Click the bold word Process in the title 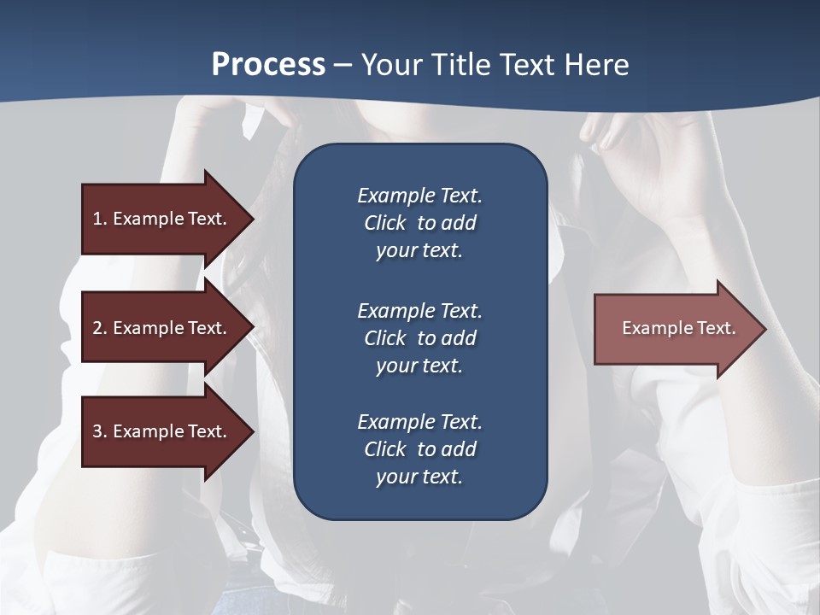point(268,65)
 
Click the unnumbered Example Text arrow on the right point(678,328)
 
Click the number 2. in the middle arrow point(100,328)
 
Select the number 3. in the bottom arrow point(100,431)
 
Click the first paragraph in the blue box point(419,223)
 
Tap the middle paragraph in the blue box point(419,338)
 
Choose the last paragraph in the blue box point(419,449)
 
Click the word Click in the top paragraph point(384,223)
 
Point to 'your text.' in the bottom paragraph point(419,477)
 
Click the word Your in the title point(391,65)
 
